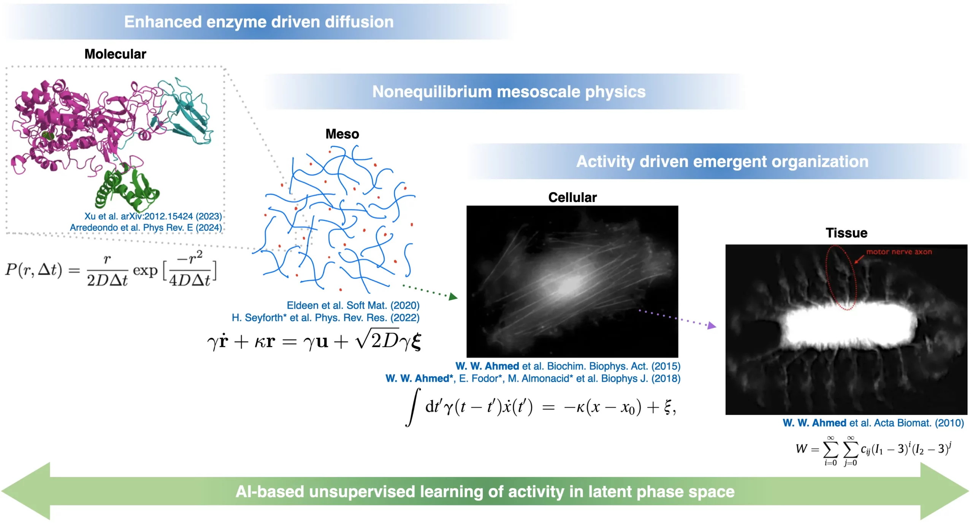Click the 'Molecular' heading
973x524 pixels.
coord(115,54)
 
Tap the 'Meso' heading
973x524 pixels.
coord(342,134)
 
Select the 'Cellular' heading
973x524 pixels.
coord(572,197)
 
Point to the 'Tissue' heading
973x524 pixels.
coord(846,233)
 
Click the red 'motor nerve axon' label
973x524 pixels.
coord(899,252)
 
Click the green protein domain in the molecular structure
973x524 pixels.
coord(125,188)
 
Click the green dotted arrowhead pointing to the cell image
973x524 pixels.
coord(453,297)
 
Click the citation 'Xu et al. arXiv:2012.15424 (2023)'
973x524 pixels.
coord(153,216)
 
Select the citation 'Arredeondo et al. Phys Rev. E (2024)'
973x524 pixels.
coord(146,227)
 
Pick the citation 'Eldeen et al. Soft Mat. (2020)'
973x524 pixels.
coord(353,305)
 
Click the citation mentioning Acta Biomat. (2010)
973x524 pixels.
coord(873,423)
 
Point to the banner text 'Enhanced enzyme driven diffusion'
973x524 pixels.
coord(259,22)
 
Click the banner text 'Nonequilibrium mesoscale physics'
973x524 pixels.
coord(509,92)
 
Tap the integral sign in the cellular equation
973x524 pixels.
coord(413,407)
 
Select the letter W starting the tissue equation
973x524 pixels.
coord(802,448)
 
